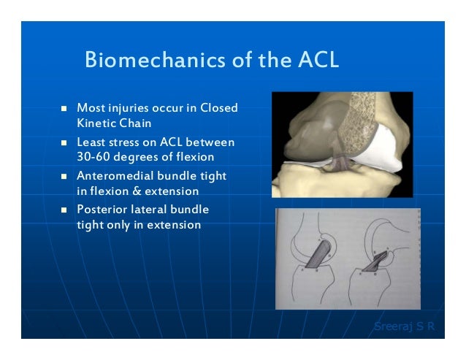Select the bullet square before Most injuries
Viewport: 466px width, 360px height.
64,109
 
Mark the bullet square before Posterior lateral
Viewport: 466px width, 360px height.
64,210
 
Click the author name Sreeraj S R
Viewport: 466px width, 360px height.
404,326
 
